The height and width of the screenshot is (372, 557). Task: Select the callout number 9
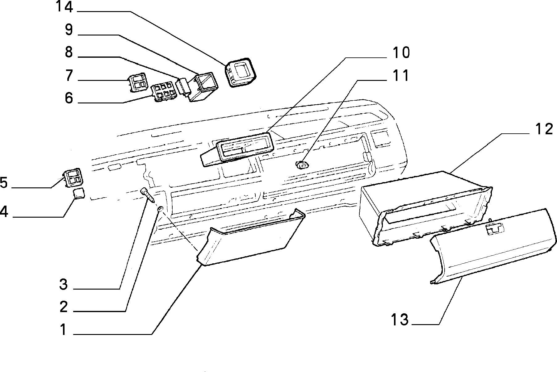click(69, 30)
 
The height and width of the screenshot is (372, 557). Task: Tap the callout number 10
click(401, 53)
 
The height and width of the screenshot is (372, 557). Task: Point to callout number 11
click(400, 76)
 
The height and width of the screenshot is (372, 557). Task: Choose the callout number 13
click(400, 320)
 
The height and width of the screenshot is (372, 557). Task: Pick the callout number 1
click(63, 330)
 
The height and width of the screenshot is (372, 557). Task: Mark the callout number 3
click(63, 284)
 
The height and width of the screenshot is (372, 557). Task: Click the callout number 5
click(3, 183)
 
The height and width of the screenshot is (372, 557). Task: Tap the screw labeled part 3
click(148, 195)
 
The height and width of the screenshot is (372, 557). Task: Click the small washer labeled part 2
click(160, 210)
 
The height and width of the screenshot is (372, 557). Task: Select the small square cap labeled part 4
click(79, 194)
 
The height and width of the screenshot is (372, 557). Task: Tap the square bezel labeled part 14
click(240, 73)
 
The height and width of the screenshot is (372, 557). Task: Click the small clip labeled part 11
click(302, 165)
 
